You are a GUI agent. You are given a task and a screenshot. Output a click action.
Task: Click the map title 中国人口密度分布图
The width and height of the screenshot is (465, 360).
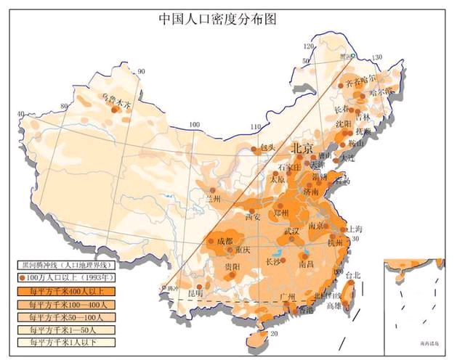click(218, 18)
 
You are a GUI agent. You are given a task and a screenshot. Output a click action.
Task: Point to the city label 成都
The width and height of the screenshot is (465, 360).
click(225, 240)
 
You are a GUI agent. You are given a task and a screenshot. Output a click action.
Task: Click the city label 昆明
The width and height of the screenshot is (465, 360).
click(195, 292)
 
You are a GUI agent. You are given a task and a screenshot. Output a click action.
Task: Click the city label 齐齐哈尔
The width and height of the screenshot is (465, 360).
click(361, 78)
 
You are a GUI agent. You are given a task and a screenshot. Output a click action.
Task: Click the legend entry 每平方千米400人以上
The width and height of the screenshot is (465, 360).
click(49, 291)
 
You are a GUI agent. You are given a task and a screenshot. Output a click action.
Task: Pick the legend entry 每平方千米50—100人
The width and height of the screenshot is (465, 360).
click(49, 317)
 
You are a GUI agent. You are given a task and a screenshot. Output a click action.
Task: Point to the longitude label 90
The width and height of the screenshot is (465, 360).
click(141, 71)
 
